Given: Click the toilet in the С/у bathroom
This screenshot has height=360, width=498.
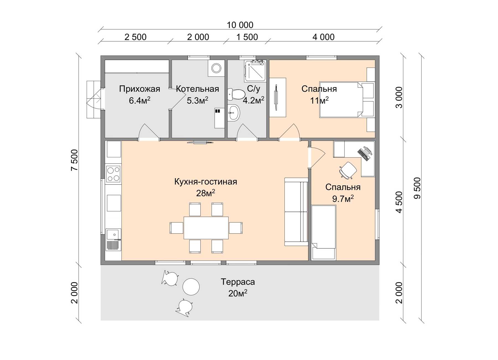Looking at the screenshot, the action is coord(236,94).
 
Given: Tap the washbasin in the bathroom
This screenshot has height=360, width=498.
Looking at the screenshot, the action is coord(234,113).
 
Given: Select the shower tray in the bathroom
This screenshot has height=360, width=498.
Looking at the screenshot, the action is coord(255,71).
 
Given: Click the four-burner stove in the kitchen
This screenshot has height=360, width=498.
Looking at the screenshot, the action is coord(113,174).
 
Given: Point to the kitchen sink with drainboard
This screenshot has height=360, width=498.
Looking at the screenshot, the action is coord(113,240).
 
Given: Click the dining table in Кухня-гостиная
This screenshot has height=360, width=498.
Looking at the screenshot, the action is coord(206,228).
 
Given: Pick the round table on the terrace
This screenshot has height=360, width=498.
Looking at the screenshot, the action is coord(191,287).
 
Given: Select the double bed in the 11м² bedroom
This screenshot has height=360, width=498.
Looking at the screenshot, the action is coord(341,99).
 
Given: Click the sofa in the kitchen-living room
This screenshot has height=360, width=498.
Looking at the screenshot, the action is coord(296,212).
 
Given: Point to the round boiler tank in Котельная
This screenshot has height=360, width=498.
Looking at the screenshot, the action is coord(216,68).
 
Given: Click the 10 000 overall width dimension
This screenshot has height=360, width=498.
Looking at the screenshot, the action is coord(240,25).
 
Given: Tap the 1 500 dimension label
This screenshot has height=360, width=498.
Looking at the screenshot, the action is coord(247,37).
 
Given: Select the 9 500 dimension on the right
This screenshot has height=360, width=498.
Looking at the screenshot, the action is coord(417,188).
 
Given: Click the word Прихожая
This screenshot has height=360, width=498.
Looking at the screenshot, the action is coord(140,89).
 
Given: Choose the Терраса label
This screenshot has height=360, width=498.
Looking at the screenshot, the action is coord(238,282).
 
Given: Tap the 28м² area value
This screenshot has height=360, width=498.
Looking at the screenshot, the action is coord(206,193).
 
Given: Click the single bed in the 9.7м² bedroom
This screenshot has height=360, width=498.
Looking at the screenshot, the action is coord(324,233).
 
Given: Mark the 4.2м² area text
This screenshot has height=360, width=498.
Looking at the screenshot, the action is coord(253,100).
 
